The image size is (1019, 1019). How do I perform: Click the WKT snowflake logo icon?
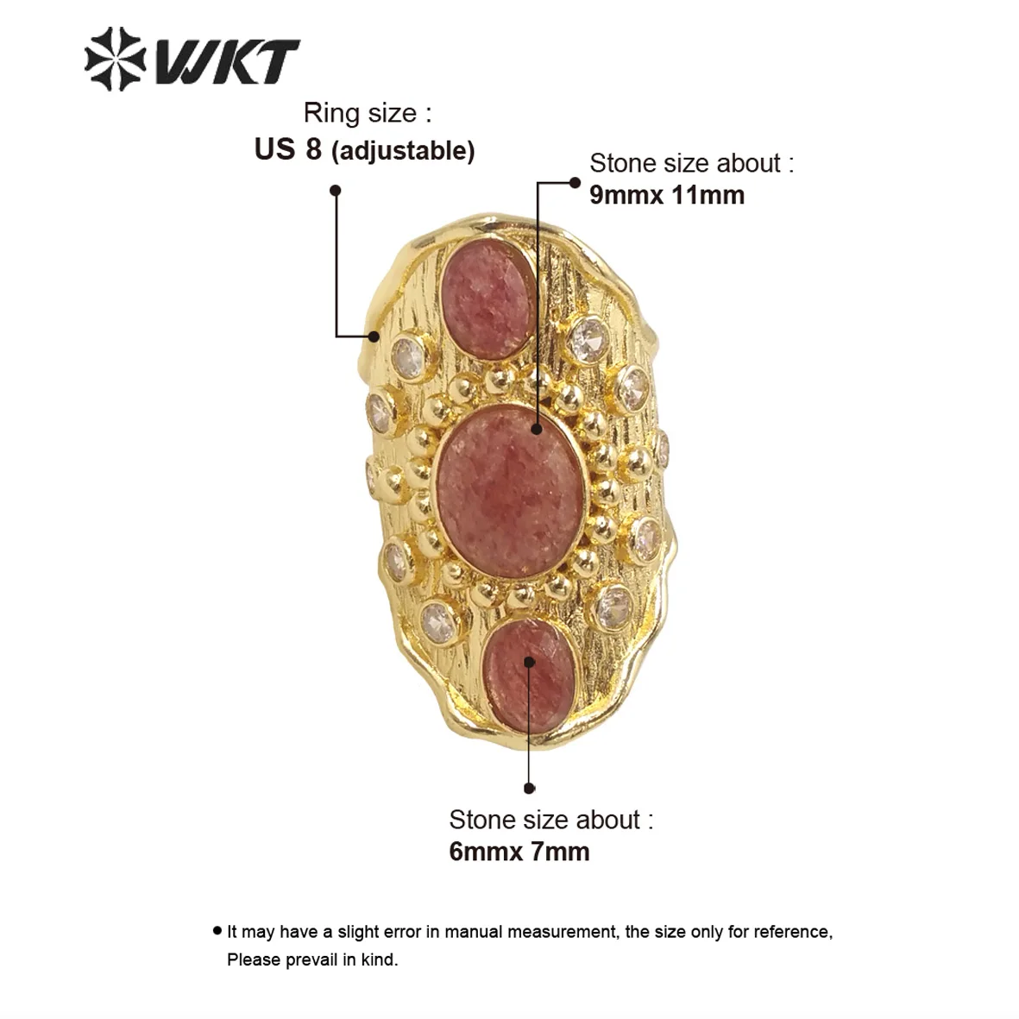pyautogui.click(x=113, y=59)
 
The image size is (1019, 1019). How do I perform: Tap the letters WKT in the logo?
pyautogui.click(x=226, y=61)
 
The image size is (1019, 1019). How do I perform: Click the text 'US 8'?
pyautogui.click(x=287, y=149)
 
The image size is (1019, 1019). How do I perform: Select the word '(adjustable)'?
pyautogui.click(x=403, y=151)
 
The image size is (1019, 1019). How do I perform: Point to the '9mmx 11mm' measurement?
pyautogui.click(x=667, y=195)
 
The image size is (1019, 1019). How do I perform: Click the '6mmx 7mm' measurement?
pyautogui.click(x=519, y=852)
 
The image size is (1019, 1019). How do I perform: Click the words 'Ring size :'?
pyautogui.click(x=368, y=113)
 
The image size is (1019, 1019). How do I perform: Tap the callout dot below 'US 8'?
pyautogui.click(x=336, y=190)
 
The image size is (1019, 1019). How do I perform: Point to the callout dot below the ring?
pyautogui.click(x=530, y=788)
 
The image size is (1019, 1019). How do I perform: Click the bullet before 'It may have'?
pyautogui.click(x=217, y=931)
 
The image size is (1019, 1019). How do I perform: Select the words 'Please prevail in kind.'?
pyautogui.click(x=312, y=959)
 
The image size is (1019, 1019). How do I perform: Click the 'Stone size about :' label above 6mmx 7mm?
pyautogui.click(x=550, y=820)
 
